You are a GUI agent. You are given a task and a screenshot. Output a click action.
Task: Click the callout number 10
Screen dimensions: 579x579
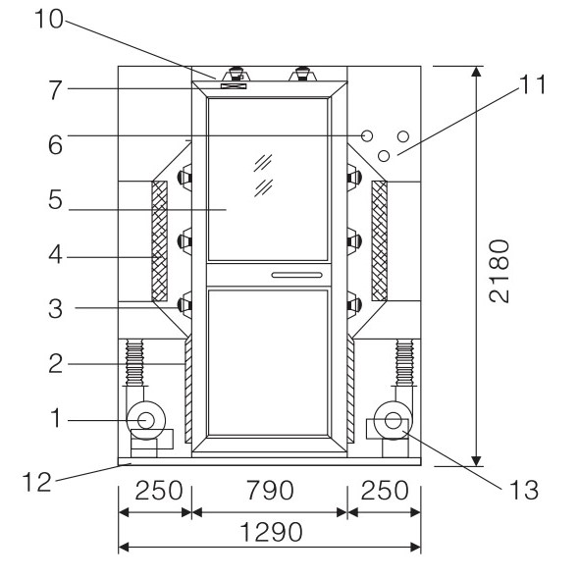click(x=49, y=20)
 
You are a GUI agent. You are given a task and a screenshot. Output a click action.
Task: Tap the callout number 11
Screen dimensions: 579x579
click(x=533, y=84)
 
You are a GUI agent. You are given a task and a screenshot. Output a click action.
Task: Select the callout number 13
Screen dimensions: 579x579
click(x=524, y=490)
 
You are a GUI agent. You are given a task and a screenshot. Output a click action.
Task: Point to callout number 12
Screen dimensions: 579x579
click(x=36, y=482)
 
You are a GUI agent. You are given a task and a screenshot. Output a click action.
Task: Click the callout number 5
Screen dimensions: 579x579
click(x=55, y=200)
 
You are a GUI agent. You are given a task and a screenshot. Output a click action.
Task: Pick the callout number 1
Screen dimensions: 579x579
click(x=56, y=418)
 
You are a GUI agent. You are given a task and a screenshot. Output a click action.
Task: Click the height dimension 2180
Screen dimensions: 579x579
click(x=500, y=271)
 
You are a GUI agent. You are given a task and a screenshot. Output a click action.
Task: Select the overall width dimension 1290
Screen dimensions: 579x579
click(x=272, y=532)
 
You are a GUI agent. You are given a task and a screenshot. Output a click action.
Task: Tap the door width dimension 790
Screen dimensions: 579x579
click(x=270, y=490)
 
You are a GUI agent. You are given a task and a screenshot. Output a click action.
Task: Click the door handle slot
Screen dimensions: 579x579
click(x=297, y=275)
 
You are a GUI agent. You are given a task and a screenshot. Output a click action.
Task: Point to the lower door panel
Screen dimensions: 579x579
click(x=268, y=362)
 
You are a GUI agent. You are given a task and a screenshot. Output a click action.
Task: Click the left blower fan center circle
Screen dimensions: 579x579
click(x=146, y=420)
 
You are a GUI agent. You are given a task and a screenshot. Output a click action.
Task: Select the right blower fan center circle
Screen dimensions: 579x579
click(x=393, y=420)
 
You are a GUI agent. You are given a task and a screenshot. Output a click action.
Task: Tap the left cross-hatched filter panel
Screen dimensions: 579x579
click(x=160, y=240)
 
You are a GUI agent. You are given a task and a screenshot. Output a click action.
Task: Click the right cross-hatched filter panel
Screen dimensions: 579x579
click(x=379, y=240)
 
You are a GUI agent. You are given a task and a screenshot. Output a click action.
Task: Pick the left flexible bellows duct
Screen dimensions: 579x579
click(x=134, y=363)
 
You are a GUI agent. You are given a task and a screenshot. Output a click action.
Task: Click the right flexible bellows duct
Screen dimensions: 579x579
click(x=404, y=363)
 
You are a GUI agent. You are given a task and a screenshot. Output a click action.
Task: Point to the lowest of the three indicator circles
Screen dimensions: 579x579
click(x=384, y=156)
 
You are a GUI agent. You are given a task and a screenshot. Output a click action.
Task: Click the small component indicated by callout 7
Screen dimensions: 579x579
click(x=234, y=86)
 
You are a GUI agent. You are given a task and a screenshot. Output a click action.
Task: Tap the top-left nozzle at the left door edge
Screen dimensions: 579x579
click(x=185, y=178)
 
